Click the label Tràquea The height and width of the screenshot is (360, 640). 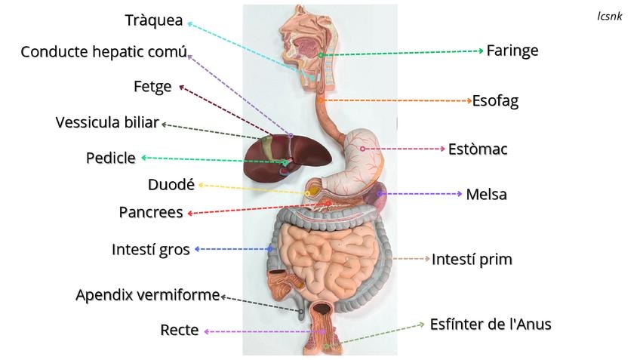click(x=154, y=20)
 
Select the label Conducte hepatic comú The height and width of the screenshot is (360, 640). click(x=103, y=52)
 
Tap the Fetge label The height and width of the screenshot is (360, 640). click(x=152, y=87)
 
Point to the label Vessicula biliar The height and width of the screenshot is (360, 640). click(x=107, y=122)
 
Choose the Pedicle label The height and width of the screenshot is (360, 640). click(x=110, y=158)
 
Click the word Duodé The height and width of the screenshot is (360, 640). click(x=171, y=184)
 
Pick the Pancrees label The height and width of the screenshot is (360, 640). click(x=151, y=212)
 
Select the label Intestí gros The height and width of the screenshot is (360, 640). click(x=151, y=249)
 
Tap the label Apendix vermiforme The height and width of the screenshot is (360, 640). click(x=147, y=294)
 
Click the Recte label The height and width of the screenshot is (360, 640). click(x=180, y=330)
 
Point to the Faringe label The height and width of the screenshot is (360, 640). click(x=512, y=51)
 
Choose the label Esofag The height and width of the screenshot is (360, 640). click(x=495, y=100)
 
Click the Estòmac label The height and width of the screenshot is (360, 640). click(x=478, y=149)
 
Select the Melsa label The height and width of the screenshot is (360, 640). click(x=486, y=195)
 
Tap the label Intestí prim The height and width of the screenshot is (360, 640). click(x=472, y=260)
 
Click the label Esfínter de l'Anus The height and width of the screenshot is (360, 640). click(x=491, y=325)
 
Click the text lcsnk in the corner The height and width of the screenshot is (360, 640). click(x=609, y=16)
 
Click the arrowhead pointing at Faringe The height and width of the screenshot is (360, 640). click(x=480, y=51)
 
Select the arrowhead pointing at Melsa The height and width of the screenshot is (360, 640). click(x=459, y=194)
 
